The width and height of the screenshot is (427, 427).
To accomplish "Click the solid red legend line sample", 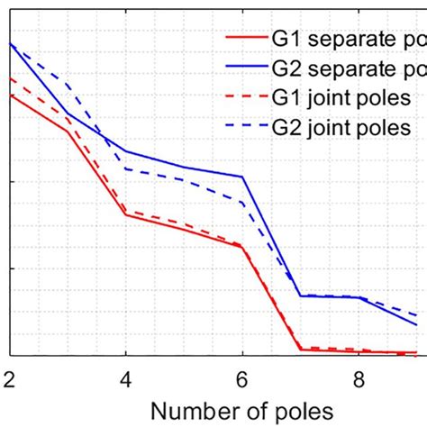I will (x=245, y=39).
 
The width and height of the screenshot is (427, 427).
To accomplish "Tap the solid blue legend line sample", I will (x=245, y=68).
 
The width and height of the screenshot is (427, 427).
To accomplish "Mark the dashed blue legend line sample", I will (x=245, y=128).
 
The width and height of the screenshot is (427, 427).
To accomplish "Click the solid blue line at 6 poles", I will (x=242, y=177).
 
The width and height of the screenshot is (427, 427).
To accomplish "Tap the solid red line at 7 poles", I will (x=300, y=350).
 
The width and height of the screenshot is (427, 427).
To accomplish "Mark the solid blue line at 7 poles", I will (x=300, y=295).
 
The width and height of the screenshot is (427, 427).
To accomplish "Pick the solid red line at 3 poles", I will (x=68, y=132).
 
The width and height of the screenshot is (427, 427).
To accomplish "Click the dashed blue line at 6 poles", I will (x=242, y=202).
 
